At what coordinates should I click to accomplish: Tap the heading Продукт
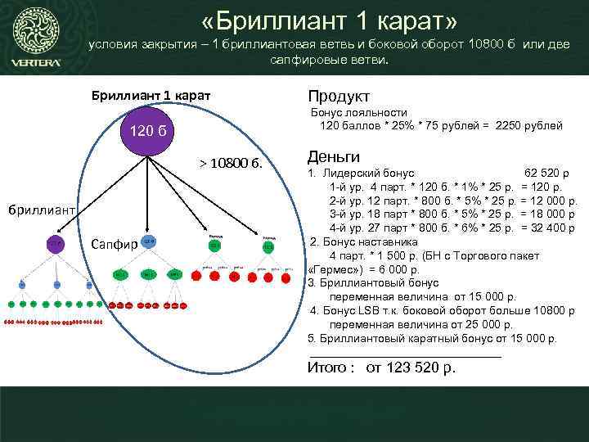click(x=339, y=97)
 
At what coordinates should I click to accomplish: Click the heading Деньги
click(x=334, y=156)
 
